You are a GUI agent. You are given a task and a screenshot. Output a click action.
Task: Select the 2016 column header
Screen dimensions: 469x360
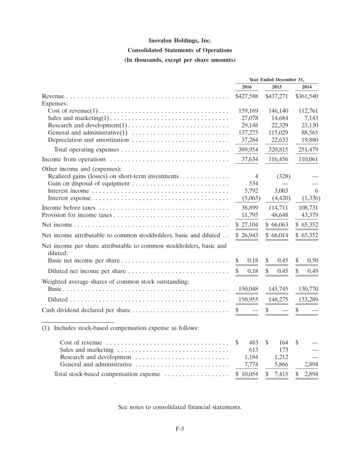(247, 87)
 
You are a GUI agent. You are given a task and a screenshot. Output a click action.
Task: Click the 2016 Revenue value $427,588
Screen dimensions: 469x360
(247, 96)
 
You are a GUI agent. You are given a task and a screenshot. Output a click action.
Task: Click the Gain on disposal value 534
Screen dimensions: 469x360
(254, 184)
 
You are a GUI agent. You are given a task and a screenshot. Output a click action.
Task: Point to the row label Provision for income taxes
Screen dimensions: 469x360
(77, 215)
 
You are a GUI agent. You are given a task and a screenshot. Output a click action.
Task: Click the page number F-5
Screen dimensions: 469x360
(180, 428)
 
